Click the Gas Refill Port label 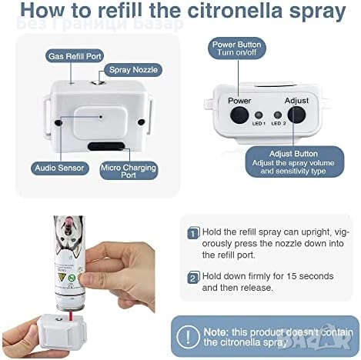coord(75,56)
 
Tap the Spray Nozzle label coord(133,70)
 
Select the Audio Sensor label coord(59,168)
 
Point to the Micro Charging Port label coord(129,171)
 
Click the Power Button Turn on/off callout coord(236,48)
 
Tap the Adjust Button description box coord(295,162)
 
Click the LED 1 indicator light coord(259,115)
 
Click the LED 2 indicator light coord(278,115)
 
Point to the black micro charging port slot coord(106,146)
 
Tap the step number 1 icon coord(193,233)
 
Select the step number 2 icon coord(193,278)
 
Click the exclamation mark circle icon coord(188,337)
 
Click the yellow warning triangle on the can coord(62,277)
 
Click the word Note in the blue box coord(216,332)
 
